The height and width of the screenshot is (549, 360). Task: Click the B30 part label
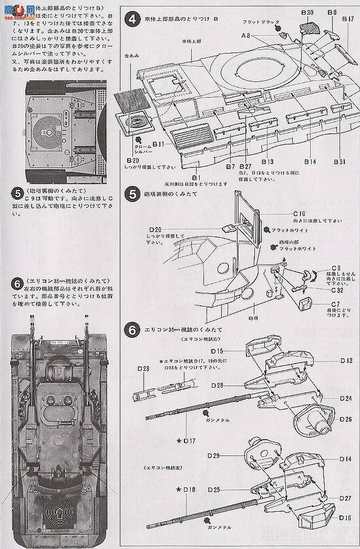click(x=308, y=12)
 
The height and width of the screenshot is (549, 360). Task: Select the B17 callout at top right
click(x=347, y=19)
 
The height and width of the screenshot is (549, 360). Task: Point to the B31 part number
click(x=340, y=162)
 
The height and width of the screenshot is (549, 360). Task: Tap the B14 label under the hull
click(x=310, y=162)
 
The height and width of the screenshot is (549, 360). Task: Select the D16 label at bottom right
click(x=345, y=518)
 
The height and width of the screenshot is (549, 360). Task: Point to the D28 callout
click(x=218, y=386)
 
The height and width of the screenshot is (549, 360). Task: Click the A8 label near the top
click(x=245, y=36)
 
